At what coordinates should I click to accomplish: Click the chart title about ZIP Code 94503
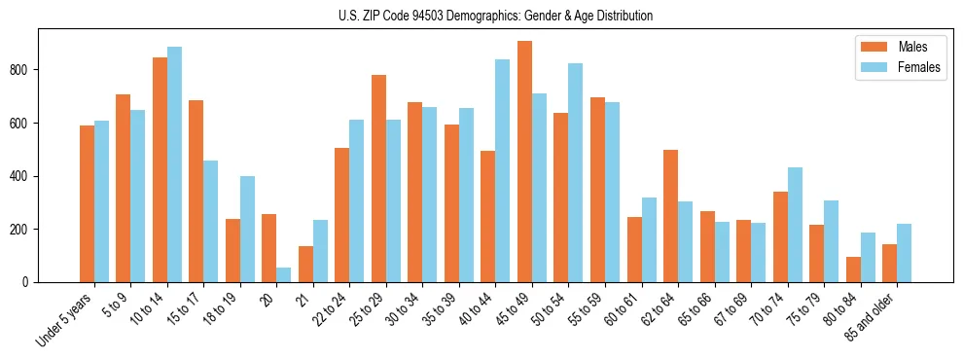481,16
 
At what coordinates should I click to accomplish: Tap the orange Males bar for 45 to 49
524,162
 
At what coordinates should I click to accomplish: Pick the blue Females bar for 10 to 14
174,164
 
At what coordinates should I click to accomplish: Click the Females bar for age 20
284,274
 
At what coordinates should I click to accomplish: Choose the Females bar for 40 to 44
503,171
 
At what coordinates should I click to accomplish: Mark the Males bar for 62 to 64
670,216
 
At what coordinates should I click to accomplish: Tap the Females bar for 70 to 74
795,225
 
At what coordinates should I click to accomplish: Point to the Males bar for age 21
305,264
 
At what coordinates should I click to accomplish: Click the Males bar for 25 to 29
378,179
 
